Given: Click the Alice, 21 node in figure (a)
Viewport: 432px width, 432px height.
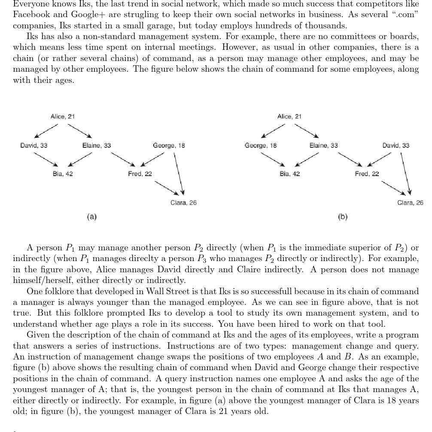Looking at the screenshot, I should click(x=63, y=116).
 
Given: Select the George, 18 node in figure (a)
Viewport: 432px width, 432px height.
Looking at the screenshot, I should click(x=169, y=146).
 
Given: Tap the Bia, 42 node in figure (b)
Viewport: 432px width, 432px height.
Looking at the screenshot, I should click(x=290, y=174).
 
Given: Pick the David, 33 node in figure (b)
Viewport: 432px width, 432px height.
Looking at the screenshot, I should click(x=396, y=146).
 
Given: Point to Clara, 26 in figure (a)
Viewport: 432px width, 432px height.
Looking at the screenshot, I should click(x=183, y=203).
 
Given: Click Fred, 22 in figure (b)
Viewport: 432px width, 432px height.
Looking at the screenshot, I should click(x=367, y=174).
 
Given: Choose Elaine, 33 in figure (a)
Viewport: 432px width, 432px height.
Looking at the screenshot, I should click(x=97, y=146).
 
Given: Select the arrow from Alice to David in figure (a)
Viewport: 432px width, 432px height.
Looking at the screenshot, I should click(x=46, y=130).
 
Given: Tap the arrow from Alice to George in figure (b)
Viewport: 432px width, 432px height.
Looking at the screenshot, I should click(x=273, y=130).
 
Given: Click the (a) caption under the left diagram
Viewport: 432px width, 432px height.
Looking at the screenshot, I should click(x=91, y=217).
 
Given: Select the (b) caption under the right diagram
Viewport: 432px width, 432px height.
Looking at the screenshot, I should click(x=343, y=217).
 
